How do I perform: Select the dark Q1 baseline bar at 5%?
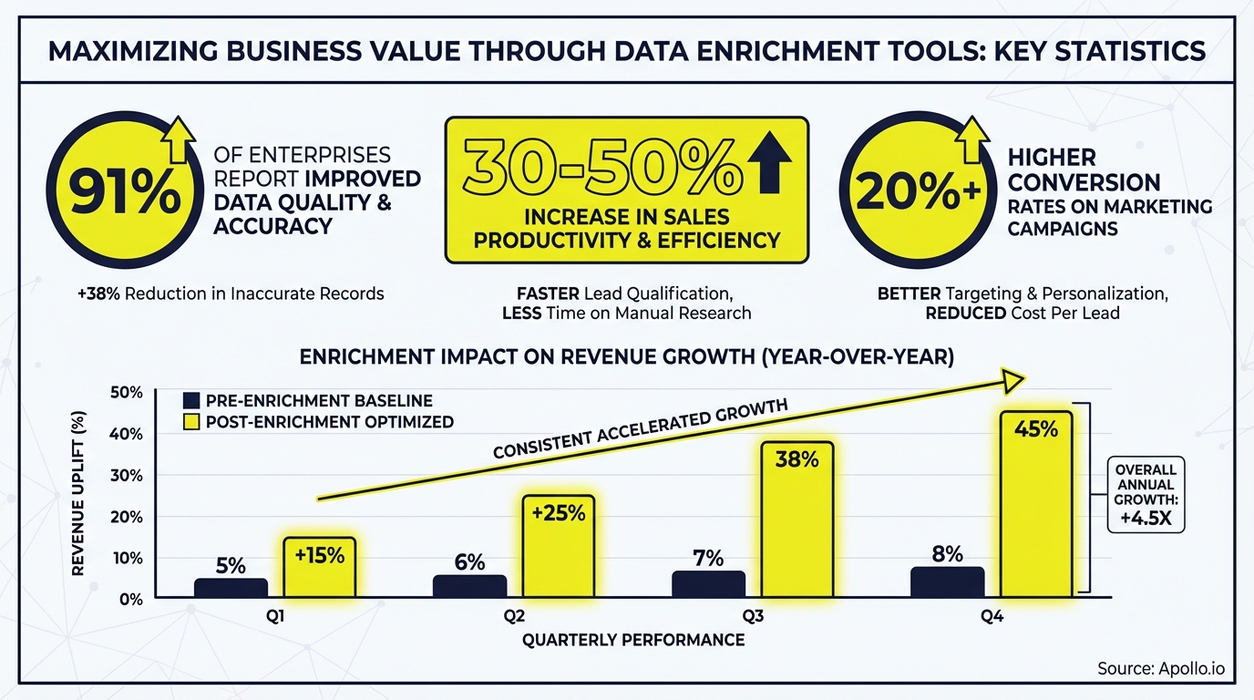(x=231, y=588)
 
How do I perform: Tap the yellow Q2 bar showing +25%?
(x=559, y=546)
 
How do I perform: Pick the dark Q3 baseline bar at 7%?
(x=708, y=584)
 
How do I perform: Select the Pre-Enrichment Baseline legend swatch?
(x=191, y=401)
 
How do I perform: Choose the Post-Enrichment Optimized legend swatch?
(x=191, y=421)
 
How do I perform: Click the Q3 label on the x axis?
(x=753, y=617)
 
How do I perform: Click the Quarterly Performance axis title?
(x=633, y=640)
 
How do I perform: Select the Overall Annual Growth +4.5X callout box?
(x=1145, y=494)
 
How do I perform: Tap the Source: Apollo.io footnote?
(x=1161, y=669)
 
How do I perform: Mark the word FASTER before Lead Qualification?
(x=550, y=294)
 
